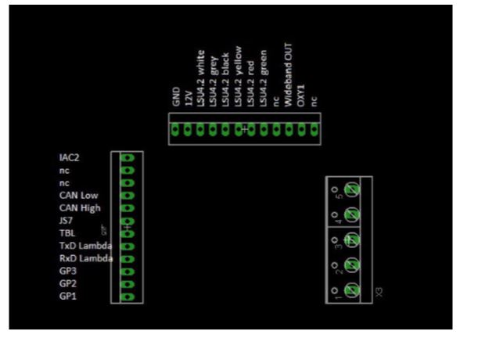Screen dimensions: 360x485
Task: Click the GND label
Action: tap(175, 96)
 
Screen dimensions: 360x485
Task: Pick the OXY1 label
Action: tap(301, 94)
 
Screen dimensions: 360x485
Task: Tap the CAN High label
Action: tap(79, 208)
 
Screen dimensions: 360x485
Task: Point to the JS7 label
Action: tap(67, 221)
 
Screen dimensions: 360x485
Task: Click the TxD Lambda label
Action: tap(85, 246)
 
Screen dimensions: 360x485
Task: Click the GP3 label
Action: tap(68, 271)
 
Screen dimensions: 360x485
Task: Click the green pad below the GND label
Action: tap(175, 129)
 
